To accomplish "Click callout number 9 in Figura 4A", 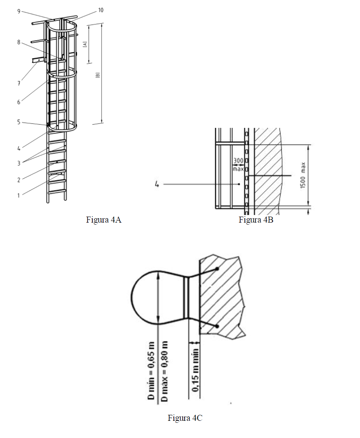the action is (19, 12).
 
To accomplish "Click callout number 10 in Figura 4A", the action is (101, 10).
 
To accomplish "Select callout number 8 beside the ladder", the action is (19, 42).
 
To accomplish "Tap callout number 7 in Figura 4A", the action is (19, 83).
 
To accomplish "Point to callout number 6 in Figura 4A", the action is (19, 102).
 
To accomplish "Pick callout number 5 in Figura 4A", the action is (19, 122).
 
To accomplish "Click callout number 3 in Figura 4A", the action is (19, 163).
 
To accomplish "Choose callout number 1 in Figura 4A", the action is (19, 195).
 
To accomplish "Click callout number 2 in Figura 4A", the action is (19, 180).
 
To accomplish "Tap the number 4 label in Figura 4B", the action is (157, 184).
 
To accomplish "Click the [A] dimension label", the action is (85, 44).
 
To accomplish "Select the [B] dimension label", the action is (97, 76).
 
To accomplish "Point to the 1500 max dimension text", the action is (303, 175).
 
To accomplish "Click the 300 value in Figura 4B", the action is (238, 161).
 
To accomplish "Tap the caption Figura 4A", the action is (103, 220).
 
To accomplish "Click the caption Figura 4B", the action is (256, 220).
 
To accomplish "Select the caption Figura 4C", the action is (185, 418).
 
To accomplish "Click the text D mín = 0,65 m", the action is (151, 370).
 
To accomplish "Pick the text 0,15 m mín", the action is (195, 370).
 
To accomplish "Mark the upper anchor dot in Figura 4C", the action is (217, 269).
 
